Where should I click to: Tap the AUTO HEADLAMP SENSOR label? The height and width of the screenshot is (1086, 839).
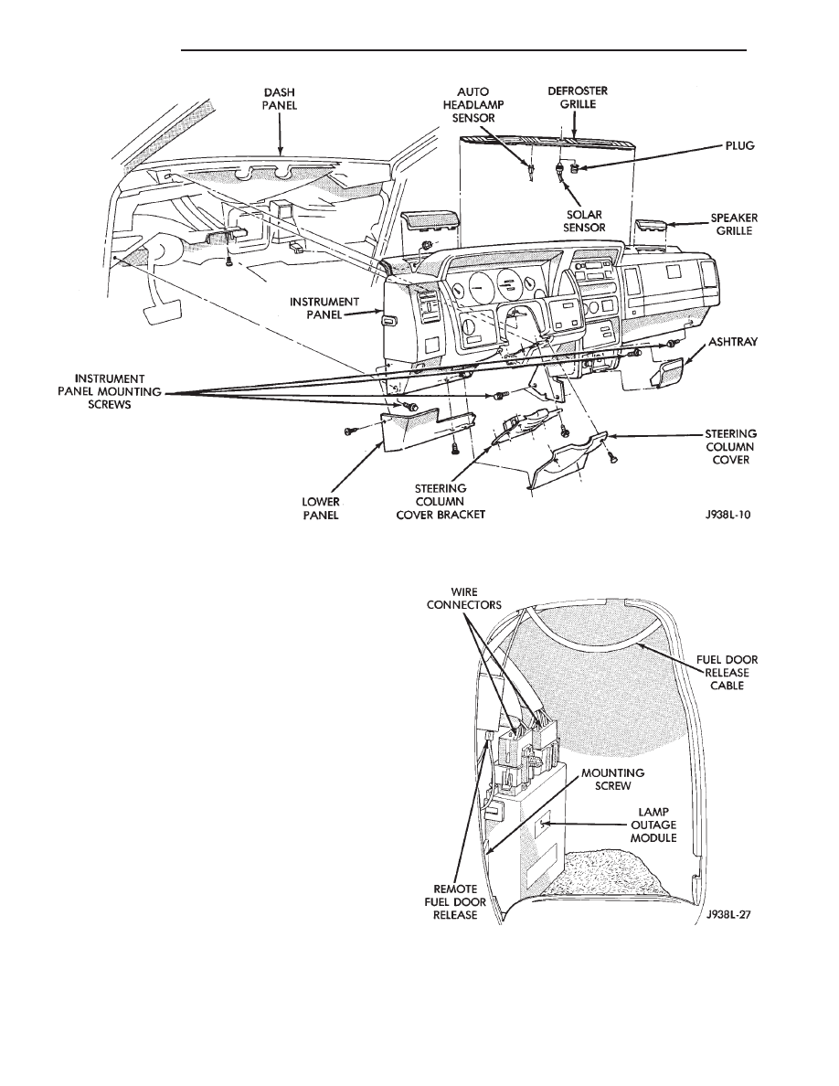(x=473, y=104)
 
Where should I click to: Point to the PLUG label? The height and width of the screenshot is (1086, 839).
(x=740, y=146)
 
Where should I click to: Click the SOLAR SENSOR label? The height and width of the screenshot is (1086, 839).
(x=584, y=221)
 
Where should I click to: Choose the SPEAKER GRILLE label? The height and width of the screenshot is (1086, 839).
(x=734, y=224)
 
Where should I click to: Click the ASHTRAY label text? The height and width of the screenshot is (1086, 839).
(x=732, y=342)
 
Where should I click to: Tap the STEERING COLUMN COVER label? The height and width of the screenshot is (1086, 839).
(x=730, y=447)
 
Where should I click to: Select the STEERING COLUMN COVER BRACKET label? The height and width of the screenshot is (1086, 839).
(x=441, y=502)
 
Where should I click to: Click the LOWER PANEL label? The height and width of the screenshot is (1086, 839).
(x=321, y=508)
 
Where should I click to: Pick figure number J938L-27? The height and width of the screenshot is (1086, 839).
(x=728, y=914)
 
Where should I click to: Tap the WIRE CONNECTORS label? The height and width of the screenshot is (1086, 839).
(x=463, y=599)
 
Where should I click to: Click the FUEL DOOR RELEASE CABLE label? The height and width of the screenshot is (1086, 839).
(x=727, y=673)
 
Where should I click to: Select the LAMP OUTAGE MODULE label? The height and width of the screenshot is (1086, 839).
(x=653, y=825)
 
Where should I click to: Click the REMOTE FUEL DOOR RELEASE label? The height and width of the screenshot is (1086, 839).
(x=455, y=902)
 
